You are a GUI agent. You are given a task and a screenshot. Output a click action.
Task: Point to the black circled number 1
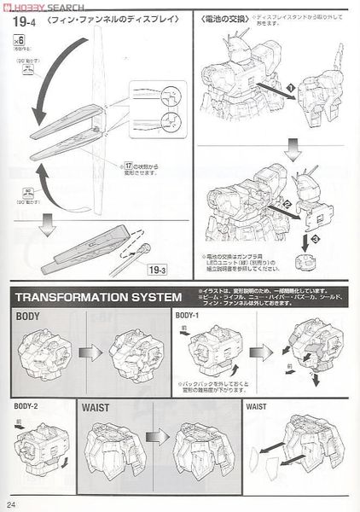coord(290,88)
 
